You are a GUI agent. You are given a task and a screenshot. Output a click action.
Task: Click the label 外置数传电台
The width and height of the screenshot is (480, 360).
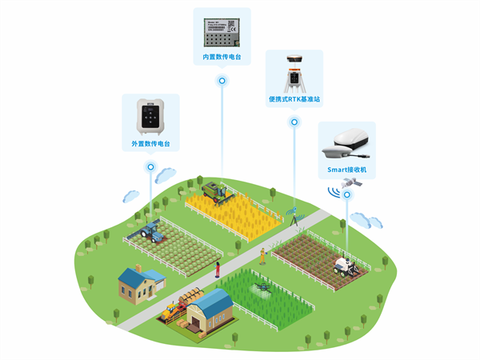[x=150, y=144]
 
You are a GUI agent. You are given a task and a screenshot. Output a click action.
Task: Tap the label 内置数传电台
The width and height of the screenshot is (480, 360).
[x=222, y=58]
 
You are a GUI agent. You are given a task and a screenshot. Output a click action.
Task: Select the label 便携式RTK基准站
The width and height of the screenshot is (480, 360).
[x=294, y=100]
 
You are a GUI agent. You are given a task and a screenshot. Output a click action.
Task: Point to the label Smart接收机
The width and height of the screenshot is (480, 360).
[x=347, y=170]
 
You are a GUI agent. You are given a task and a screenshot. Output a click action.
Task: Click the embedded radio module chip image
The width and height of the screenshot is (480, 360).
[x=222, y=31]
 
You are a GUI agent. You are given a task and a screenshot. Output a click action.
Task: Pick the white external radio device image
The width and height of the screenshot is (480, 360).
[x=150, y=118]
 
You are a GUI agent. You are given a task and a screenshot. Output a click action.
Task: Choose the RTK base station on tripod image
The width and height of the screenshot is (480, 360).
[x=294, y=74]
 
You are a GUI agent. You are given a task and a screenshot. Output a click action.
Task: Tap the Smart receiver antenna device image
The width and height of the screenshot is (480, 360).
[x=346, y=145]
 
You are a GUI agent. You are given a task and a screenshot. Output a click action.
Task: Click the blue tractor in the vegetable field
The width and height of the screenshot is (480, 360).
[x=150, y=231]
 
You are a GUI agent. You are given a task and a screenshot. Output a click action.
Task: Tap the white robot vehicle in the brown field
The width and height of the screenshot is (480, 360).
[x=346, y=265]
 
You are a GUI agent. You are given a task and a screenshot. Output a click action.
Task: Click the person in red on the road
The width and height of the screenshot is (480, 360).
[x=217, y=270]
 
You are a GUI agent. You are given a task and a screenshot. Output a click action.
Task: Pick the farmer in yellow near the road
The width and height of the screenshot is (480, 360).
[x=260, y=256]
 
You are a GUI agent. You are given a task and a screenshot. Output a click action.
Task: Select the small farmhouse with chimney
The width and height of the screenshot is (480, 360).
[x=139, y=283]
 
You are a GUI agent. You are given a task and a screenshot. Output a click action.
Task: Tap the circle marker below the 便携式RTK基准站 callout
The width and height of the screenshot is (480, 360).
[x=294, y=122]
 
